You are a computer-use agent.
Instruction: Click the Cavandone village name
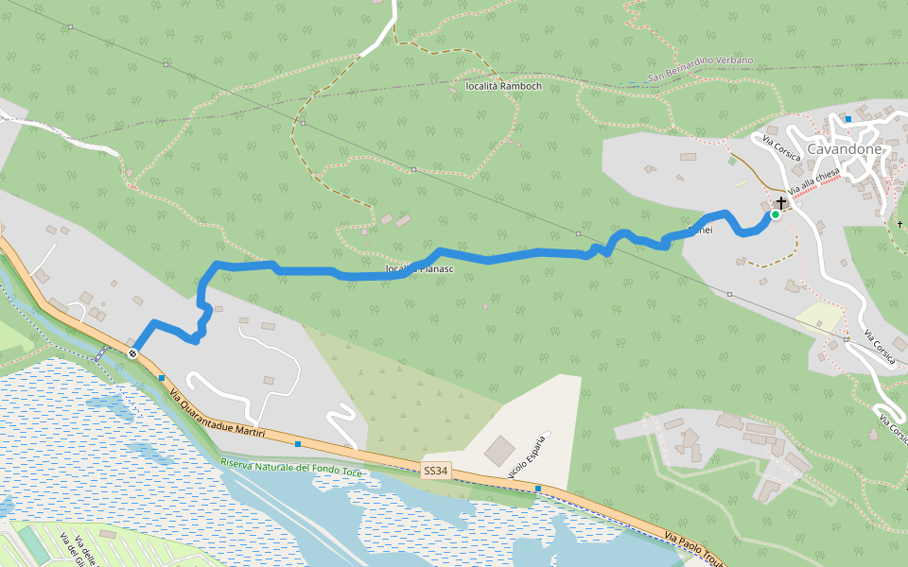(845, 149)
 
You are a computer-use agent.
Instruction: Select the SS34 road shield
(435, 470)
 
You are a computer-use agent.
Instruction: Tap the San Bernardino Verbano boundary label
(701, 68)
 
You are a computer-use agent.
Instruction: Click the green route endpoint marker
(776, 215)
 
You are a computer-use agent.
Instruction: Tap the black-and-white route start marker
(132, 353)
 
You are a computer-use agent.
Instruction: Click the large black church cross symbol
(781, 203)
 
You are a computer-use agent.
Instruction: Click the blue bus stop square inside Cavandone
(848, 119)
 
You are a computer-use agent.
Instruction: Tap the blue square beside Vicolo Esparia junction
(538, 488)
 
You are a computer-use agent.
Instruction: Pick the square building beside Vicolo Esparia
(500, 451)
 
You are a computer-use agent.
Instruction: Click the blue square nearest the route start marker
(162, 377)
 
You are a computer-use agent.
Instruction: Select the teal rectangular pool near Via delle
(33, 546)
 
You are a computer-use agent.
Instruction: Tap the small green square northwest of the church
(731, 161)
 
